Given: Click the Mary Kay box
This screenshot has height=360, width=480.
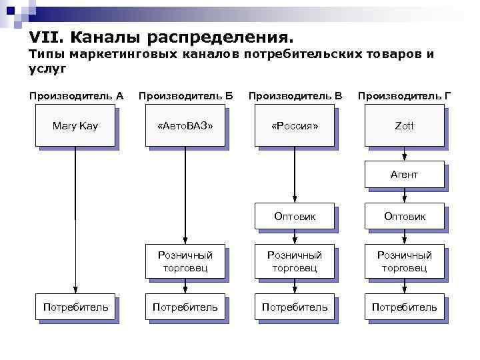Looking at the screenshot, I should click(x=75, y=126).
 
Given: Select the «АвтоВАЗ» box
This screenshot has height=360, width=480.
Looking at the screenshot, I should click(x=185, y=126).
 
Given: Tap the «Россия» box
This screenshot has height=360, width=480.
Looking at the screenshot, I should click(x=295, y=126).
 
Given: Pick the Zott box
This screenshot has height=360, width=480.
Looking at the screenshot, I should click(x=404, y=126).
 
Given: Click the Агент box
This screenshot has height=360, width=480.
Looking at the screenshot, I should click(x=404, y=175).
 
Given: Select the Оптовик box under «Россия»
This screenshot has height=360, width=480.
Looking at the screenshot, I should click(x=295, y=216).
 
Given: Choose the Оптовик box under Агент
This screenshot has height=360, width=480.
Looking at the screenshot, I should click(x=404, y=216).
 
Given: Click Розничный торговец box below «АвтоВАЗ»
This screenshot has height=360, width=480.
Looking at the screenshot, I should click(x=185, y=261).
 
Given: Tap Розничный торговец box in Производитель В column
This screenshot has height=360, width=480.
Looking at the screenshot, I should click(x=295, y=261).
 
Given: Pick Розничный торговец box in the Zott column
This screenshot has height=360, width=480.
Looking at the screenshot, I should click(x=404, y=261).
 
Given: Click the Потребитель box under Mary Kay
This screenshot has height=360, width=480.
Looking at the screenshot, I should click(x=75, y=307).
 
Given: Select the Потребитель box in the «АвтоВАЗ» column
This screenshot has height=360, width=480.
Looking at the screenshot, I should click(x=185, y=307).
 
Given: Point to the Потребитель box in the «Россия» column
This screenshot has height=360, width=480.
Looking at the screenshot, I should click(x=295, y=307).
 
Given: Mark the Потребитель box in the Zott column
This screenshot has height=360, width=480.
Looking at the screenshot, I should click(x=404, y=307).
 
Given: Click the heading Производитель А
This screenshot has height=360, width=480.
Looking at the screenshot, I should click(x=76, y=95).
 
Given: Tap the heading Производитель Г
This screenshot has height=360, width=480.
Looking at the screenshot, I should click(x=404, y=95).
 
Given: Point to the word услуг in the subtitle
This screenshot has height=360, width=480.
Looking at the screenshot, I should click(x=47, y=68).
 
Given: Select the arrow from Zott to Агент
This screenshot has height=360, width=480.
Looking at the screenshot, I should click(x=404, y=153).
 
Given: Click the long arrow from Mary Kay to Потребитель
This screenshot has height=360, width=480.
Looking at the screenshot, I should click(x=75, y=220).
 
